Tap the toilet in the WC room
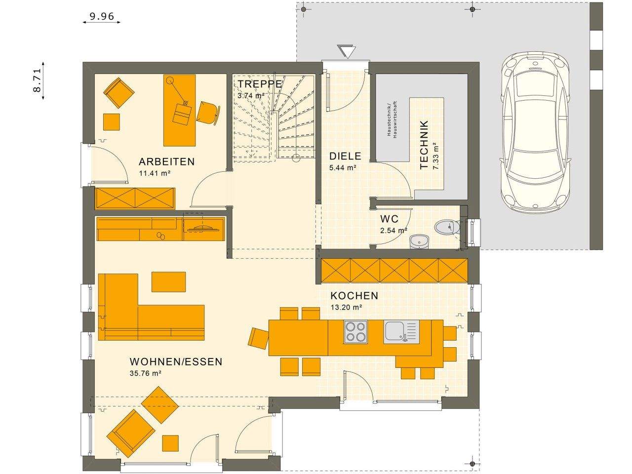pyautogui.click(x=447, y=227)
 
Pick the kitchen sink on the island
pyautogui.click(x=401, y=331)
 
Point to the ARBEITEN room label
pyautogui.click(x=166, y=161)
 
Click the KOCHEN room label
pyautogui.click(x=354, y=296)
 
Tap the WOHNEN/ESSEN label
pyautogui.click(x=176, y=362)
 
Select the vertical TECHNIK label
pyautogui.click(x=424, y=145)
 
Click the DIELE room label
pyautogui.click(x=345, y=157)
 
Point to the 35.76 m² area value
pyautogui.click(x=146, y=374)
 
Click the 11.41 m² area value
pyautogui.click(x=155, y=173)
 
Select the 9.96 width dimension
pyautogui.click(x=102, y=16)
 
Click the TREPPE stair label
pyautogui.click(x=259, y=83)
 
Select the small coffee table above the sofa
pyautogui.click(x=169, y=282)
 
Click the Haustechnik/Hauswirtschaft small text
pyautogui.click(x=391, y=119)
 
